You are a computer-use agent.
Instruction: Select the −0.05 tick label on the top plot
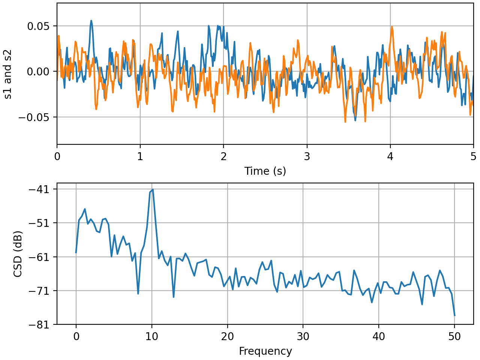[x=36, y=117]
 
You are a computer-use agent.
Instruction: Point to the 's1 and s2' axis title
[x=8, y=74]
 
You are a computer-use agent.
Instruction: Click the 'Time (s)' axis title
[x=265, y=171]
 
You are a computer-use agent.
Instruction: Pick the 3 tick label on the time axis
[x=307, y=156]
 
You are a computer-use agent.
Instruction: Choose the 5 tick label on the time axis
[x=473, y=156]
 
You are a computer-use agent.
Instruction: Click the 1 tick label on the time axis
[x=140, y=156]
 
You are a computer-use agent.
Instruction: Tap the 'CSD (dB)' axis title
[x=18, y=254]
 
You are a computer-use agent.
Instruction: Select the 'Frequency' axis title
[x=265, y=351]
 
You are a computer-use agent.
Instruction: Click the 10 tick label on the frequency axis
[x=152, y=336]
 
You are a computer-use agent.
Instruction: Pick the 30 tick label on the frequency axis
[x=303, y=336]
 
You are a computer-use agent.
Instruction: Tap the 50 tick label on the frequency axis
[x=454, y=336]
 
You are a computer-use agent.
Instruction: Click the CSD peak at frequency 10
[x=153, y=189]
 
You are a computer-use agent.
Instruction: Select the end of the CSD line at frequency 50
[x=454, y=315]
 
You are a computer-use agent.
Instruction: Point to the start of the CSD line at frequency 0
[x=76, y=252]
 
